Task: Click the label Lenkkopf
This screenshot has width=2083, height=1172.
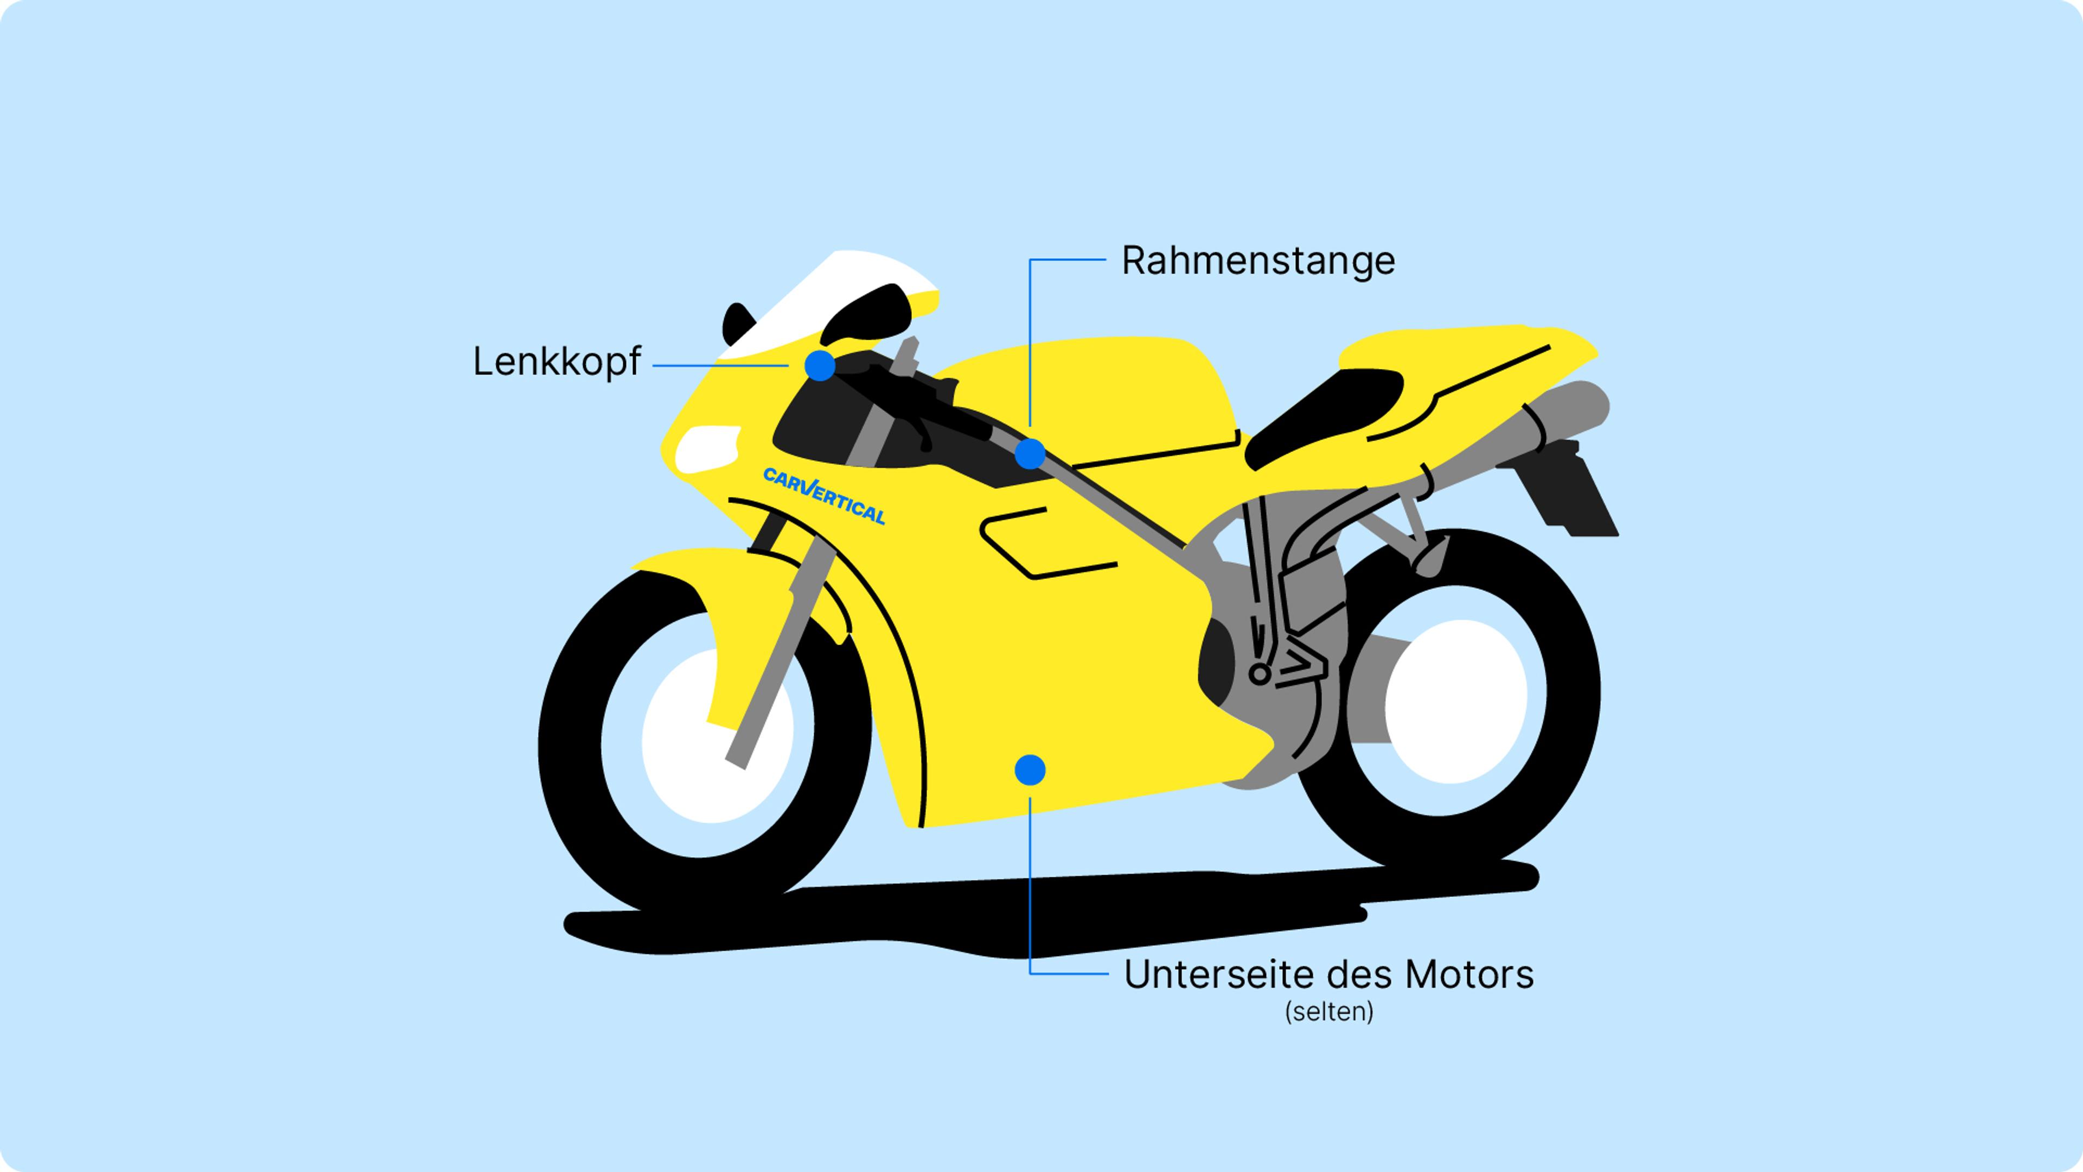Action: click(x=557, y=361)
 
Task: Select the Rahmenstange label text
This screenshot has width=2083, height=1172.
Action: click(x=1257, y=260)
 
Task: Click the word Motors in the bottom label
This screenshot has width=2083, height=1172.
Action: click(x=1468, y=974)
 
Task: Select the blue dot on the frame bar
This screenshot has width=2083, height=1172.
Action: click(x=1030, y=454)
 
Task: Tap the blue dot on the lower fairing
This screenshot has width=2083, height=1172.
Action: click(x=1030, y=770)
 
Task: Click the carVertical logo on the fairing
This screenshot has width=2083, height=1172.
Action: click(x=824, y=494)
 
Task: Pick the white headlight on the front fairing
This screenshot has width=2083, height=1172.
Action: click(x=706, y=448)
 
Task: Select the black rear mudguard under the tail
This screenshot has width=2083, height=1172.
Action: click(x=1569, y=493)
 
